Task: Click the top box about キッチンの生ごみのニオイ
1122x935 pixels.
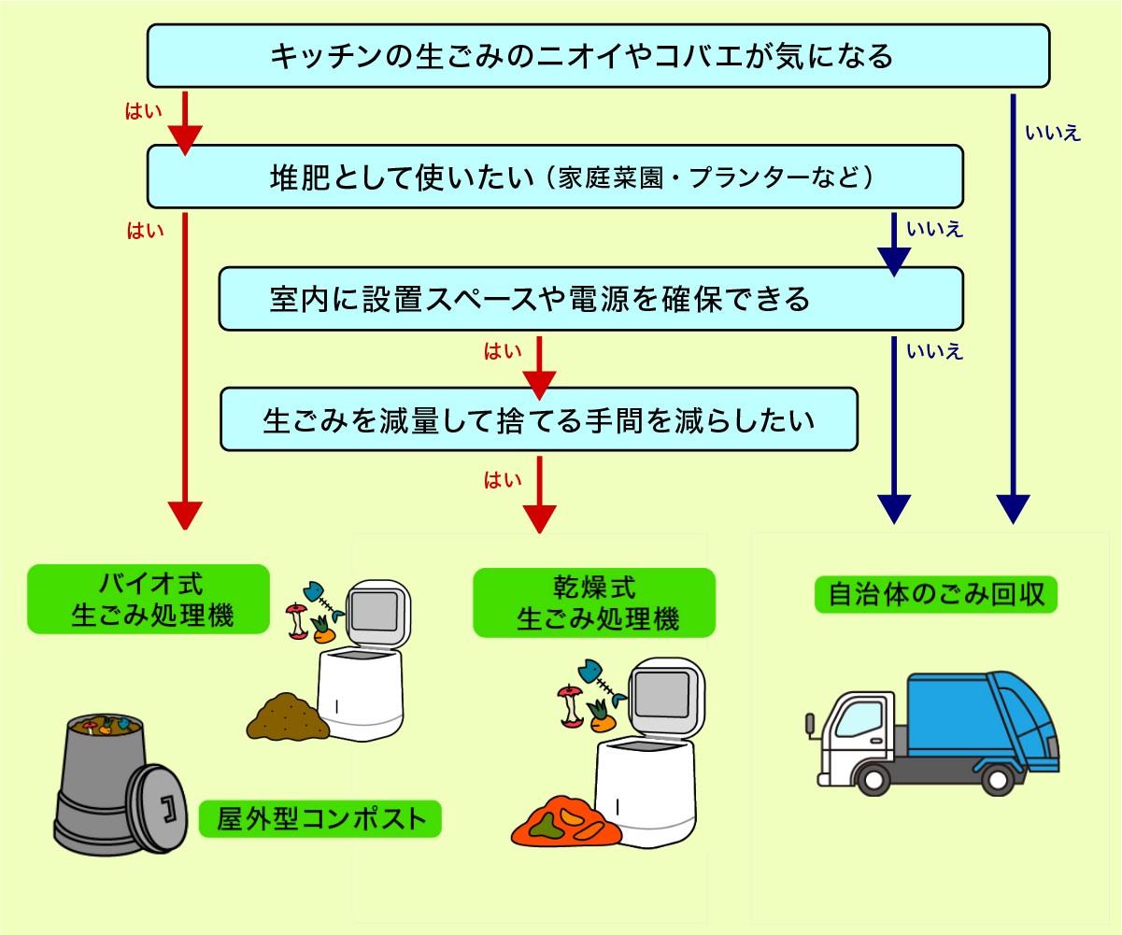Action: pyautogui.click(x=598, y=56)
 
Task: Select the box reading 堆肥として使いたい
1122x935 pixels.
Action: pyautogui.click(x=555, y=176)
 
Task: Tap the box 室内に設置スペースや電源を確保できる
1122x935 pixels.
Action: pyautogui.click(x=590, y=299)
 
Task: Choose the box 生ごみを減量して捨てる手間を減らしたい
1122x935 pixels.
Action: pyautogui.click(x=538, y=419)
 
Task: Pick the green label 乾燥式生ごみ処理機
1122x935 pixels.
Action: pyautogui.click(x=594, y=603)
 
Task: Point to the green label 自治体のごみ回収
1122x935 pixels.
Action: pyautogui.click(x=935, y=593)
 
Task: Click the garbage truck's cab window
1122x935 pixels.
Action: pyautogui.click(x=859, y=717)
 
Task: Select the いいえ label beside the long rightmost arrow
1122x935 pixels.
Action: pyautogui.click(x=1053, y=134)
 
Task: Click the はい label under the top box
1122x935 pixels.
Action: pyautogui.click(x=144, y=111)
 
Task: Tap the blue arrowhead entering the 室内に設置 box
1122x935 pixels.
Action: pyautogui.click(x=894, y=262)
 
